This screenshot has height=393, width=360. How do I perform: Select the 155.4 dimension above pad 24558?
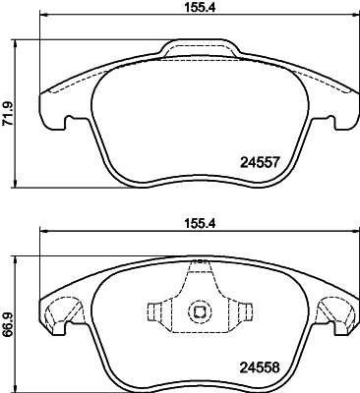(x=199, y=224)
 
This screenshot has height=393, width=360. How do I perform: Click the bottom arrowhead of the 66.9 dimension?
(x=20, y=385)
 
